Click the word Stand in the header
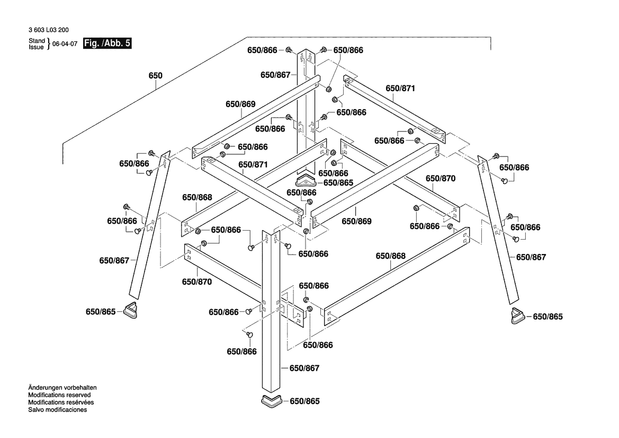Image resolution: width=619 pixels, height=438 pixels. pos(37,41)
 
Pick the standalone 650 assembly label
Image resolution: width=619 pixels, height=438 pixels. pos(155,76)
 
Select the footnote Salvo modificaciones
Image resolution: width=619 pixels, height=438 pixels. pos(57,410)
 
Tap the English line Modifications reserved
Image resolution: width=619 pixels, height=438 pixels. pos(59,395)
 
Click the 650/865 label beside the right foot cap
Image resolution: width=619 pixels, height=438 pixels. pos(548,317)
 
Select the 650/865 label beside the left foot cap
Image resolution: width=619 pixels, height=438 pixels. pos(101,312)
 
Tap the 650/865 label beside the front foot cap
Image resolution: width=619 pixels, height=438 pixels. pos(305,401)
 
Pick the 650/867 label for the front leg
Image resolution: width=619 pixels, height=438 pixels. pos(304,368)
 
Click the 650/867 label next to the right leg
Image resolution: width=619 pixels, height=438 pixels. pos(531,257)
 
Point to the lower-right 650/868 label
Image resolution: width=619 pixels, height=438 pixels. pos(390,256)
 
